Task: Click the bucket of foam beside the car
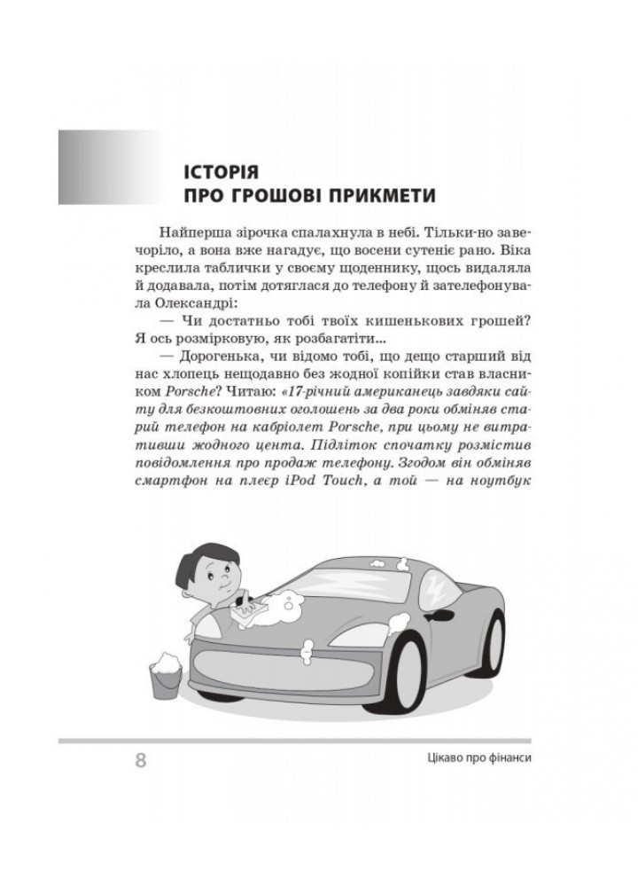point(165,678)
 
